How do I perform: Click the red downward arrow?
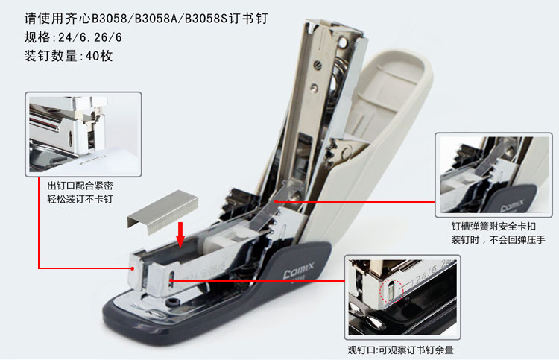181,235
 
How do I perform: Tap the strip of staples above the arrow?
162,212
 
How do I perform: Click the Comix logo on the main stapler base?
299,270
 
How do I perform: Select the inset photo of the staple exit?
83,134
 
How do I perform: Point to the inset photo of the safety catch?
493,175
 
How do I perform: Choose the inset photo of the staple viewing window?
402,297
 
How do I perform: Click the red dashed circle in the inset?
391,291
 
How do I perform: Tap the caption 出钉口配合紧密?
80,186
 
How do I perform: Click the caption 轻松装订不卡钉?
80,198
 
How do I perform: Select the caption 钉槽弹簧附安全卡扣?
493,227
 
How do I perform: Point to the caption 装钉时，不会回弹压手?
499,239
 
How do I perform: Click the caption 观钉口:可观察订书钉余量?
401,350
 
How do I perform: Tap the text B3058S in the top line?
206,19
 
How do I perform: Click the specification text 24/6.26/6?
90,37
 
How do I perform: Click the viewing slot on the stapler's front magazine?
171,279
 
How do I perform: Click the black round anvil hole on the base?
174,303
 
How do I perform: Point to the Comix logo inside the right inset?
512,206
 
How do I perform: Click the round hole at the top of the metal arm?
343,43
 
